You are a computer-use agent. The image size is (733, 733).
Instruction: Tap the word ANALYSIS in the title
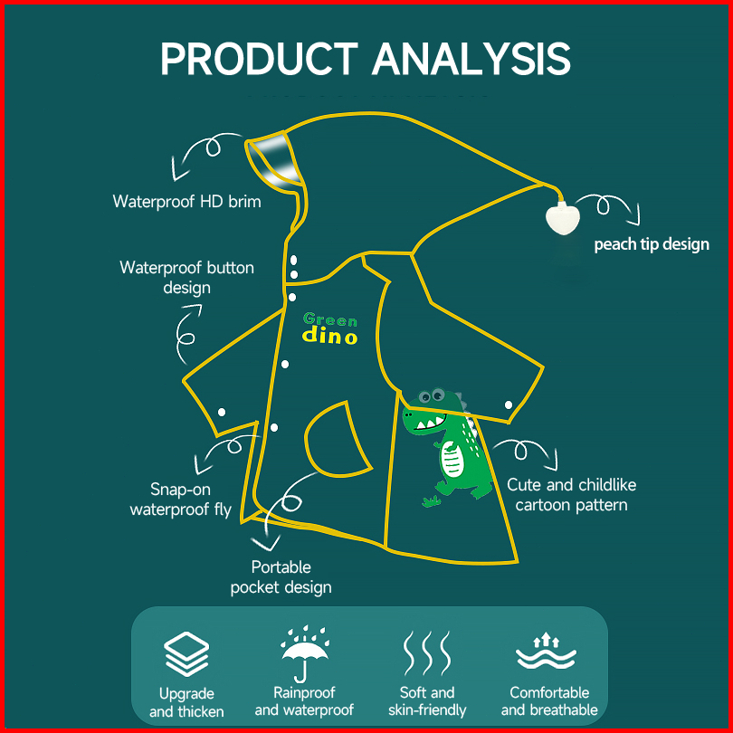[471, 58]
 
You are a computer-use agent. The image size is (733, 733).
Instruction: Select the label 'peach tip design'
[652, 244]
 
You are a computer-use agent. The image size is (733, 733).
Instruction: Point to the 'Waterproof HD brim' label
[186, 201]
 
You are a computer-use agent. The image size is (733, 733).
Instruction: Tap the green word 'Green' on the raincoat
[330, 319]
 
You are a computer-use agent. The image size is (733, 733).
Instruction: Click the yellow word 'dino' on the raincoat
[329, 337]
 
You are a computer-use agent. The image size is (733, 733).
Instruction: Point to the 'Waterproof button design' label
[186, 278]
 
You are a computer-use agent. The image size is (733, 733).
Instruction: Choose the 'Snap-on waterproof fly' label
[180, 500]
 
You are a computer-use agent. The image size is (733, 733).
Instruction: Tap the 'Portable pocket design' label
[281, 577]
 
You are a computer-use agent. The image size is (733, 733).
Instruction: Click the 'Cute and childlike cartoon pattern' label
[570, 495]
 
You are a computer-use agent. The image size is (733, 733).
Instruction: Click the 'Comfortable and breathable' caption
[549, 701]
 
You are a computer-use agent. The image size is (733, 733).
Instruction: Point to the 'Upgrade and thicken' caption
[186, 702]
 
